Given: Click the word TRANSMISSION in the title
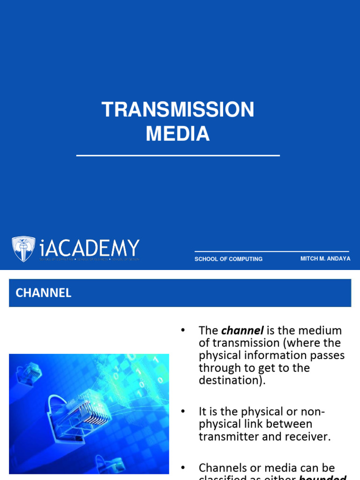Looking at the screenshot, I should tap(178, 110).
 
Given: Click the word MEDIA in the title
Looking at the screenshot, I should tap(178, 134).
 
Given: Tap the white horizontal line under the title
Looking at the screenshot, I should tap(178, 155).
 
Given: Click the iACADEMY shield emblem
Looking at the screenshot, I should tap(23, 248).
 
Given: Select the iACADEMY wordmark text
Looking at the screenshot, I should tap(90, 248).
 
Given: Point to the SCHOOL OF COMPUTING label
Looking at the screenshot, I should tap(228, 259).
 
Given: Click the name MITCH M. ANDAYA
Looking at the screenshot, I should tap(325, 259).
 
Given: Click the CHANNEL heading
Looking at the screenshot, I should tap(44, 293).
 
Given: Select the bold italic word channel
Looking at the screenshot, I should tap(242, 330).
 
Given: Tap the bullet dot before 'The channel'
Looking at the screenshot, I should tap(183, 330).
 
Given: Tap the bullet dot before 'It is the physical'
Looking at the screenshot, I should tap(183, 412).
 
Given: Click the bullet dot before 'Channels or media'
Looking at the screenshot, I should tap(183, 468).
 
